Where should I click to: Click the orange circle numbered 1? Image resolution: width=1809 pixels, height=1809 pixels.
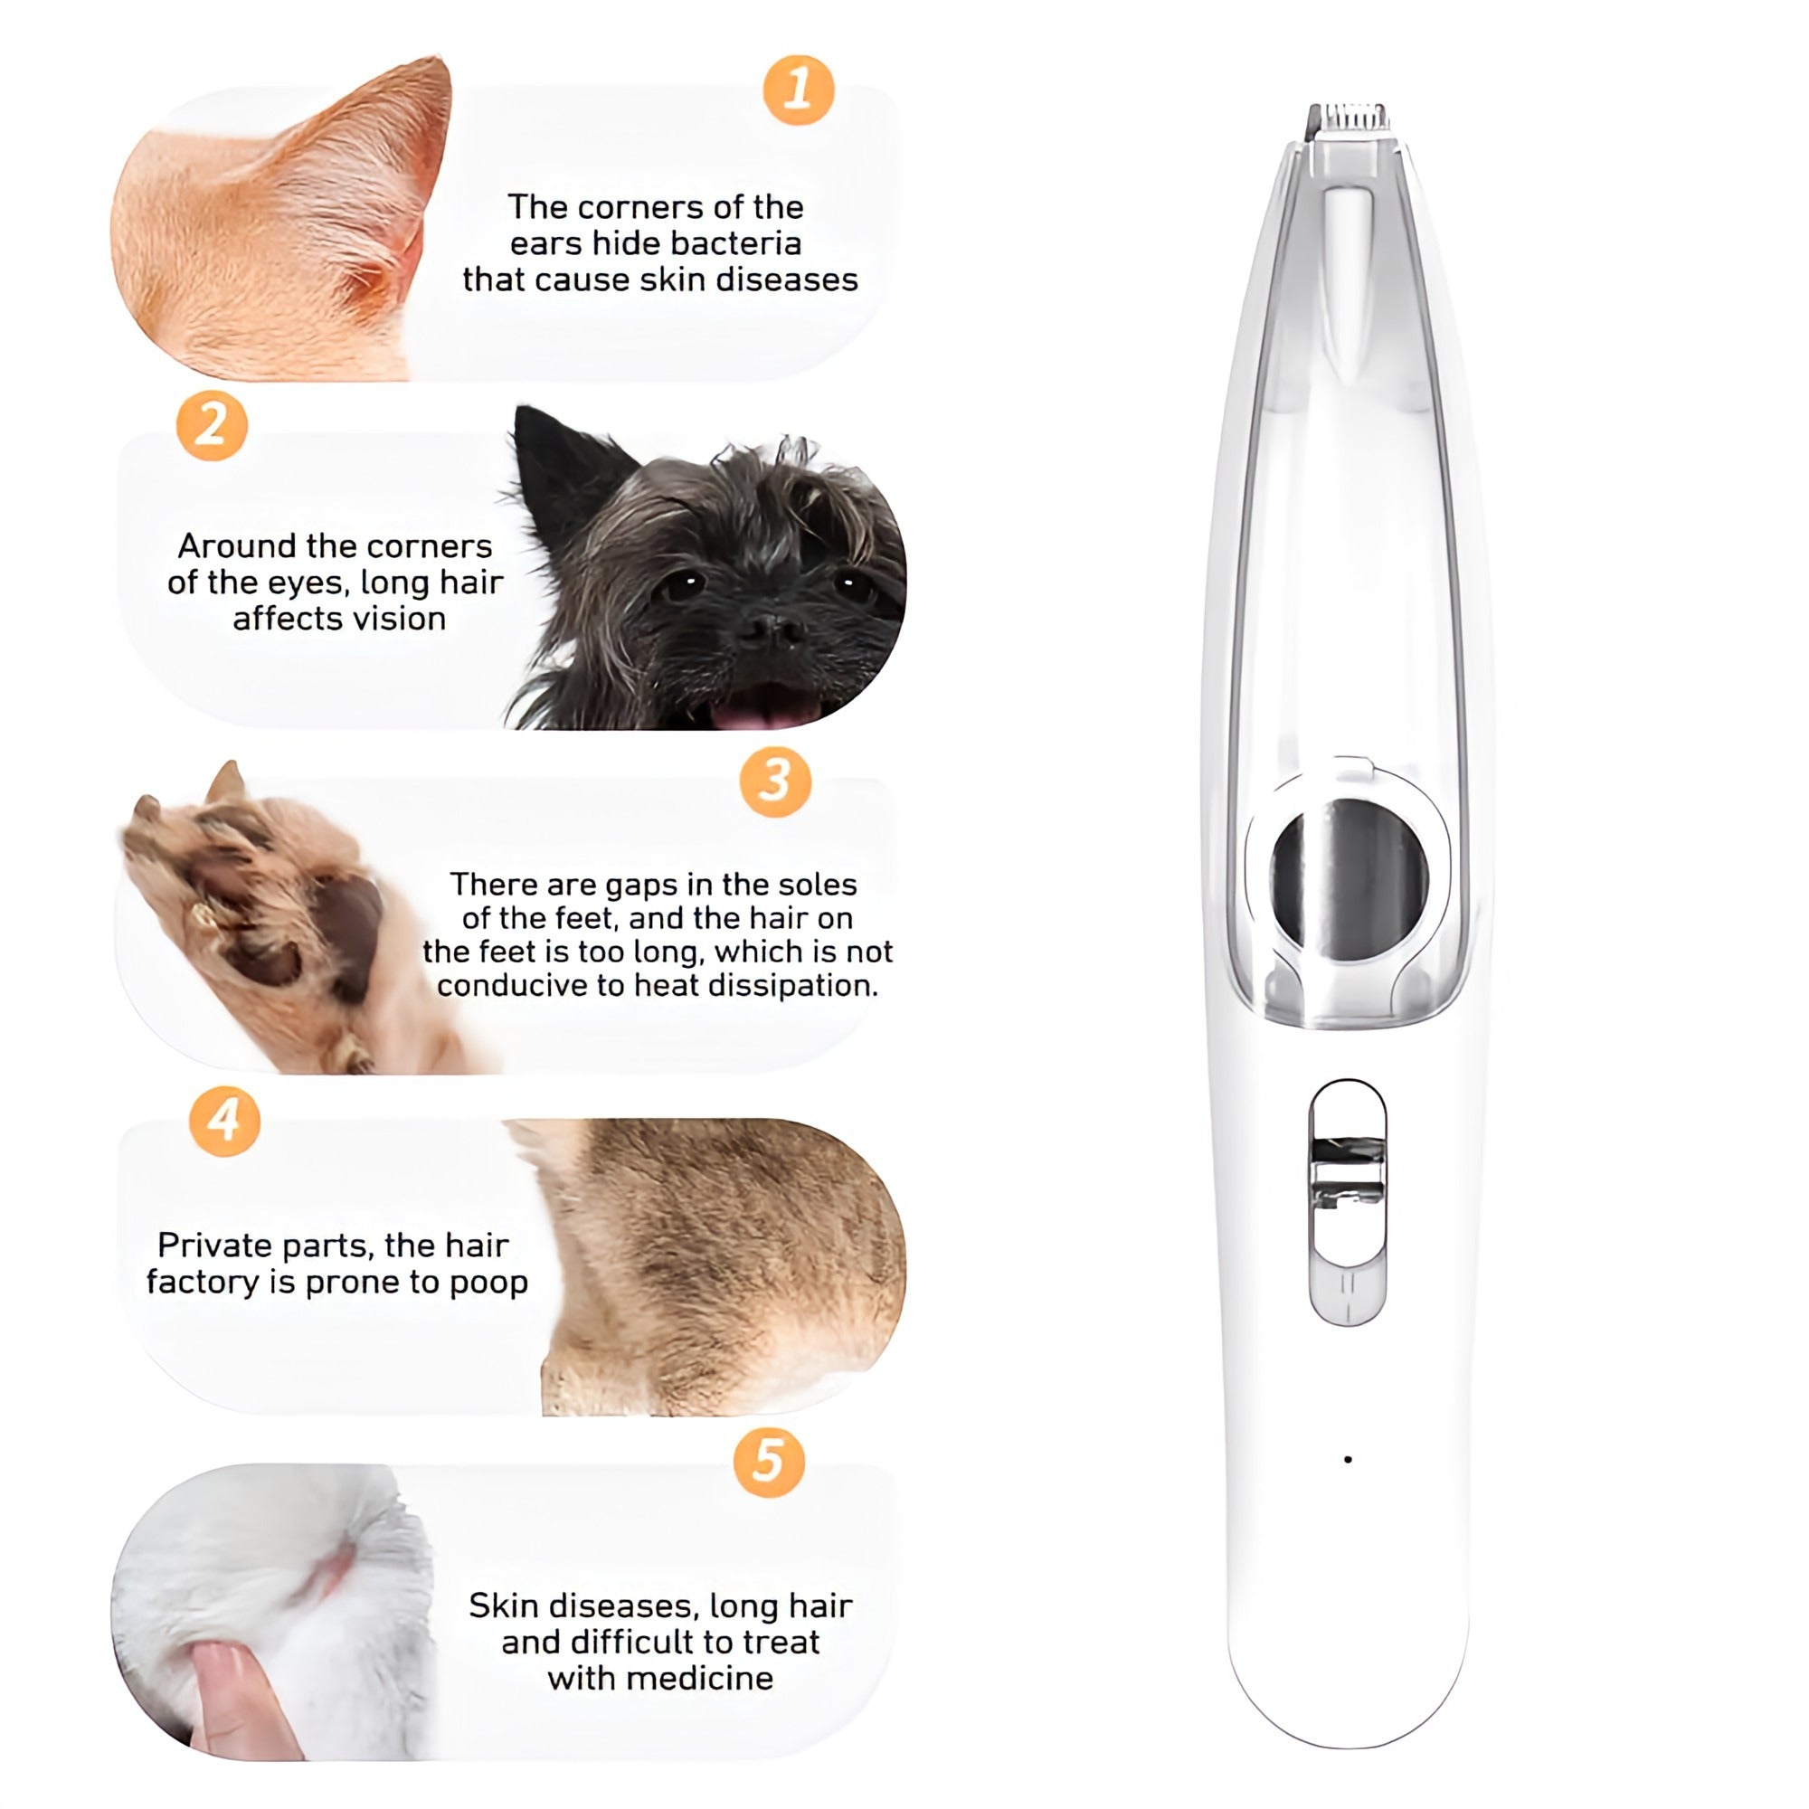pyautogui.click(x=798, y=90)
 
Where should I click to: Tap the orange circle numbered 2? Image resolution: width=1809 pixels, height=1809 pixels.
pyautogui.click(x=212, y=426)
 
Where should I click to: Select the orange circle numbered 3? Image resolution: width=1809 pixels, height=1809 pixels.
pyautogui.click(x=774, y=781)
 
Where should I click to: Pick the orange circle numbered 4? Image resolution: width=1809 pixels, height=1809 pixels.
pyautogui.click(x=224, y=1121)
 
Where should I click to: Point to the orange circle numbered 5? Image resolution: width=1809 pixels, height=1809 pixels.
pyautogui.click(x=768, y=1462)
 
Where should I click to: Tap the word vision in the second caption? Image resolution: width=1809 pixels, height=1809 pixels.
pyautogui.click(x=393, y=619)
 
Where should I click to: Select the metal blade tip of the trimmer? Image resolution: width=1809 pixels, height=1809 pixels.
pyautogui.click(x=1349, y=120)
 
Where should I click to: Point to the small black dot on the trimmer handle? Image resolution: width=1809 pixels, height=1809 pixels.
pyautogui.click(x=1348, y=1459)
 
